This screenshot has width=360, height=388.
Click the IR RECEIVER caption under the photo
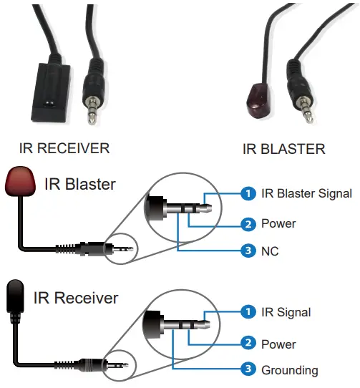[x=64, y=149]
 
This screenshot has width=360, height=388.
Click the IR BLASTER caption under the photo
[x=283, y=149]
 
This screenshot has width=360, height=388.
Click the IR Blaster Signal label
[x=306, y=193]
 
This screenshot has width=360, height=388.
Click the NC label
[x=271, y=252]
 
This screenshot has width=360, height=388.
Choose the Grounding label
[x=290, y=370]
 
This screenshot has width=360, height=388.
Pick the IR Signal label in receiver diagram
[x=286, y=312]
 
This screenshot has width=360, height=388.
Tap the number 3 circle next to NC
[x=248, y=252]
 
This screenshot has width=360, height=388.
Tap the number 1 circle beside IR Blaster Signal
[x=248, y=193]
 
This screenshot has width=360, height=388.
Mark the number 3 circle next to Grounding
[x=248, y=370]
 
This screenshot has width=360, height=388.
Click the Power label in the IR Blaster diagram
[x=278, y=224]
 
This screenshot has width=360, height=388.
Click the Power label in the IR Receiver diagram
[x=278, y=344]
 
